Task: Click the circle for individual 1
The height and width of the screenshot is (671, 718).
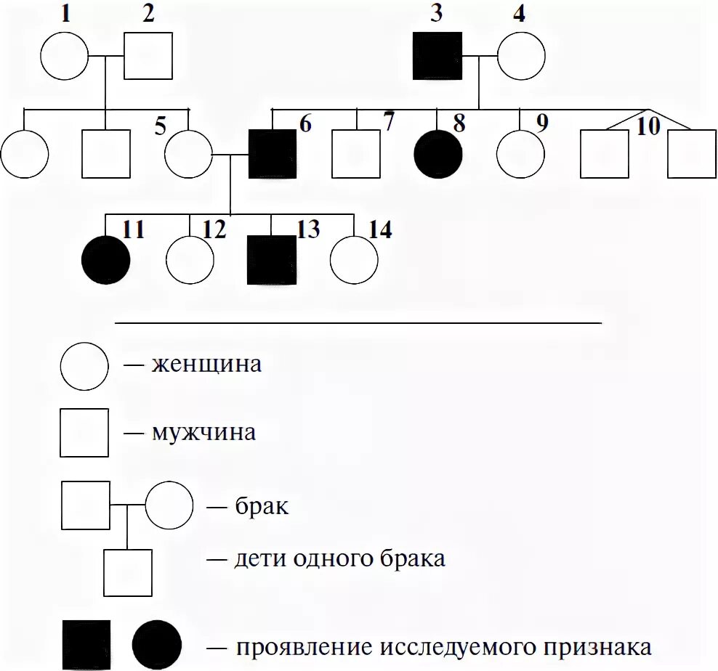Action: [x=64, y=56]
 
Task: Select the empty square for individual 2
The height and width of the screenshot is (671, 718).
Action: [x=148, y=56]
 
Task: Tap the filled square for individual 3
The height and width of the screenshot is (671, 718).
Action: [x=437, y=56]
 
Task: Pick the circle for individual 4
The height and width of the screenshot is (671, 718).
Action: [x=521, y=56]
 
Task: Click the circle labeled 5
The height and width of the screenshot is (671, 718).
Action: [x=188, y=154]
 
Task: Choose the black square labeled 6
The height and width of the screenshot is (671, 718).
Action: [x=273, y=154]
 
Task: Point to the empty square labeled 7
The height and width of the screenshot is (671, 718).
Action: [x=356, y=154]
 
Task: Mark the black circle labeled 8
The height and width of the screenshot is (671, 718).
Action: [x=437, y=154]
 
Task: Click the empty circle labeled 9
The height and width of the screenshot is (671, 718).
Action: [x=521, y=154]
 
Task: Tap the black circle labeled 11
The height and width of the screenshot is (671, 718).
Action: [x=106, y=259]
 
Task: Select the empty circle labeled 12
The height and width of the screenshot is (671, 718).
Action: [x=190, y=259]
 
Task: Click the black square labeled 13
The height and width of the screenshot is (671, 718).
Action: [x=273, y=259]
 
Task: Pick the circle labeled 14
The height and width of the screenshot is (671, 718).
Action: [x=354, y=259]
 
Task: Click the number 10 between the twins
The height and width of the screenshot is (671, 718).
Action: [x=648, y=126]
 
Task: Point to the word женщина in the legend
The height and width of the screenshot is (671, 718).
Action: [x=206, y=363]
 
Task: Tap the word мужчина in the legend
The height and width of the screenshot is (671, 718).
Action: [x=203, y=434]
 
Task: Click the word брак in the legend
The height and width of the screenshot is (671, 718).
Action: [x=262, y=505]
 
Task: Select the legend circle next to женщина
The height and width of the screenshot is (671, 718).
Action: [x=84, y=365]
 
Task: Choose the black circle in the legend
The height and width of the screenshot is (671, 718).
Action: [x=157, y=645]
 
